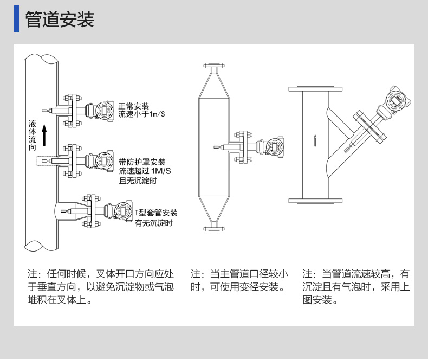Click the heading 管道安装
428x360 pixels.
coord(60,20)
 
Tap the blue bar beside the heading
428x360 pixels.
coord(16,19)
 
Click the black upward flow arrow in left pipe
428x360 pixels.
coord(45,136)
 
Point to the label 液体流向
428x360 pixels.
coord(32,136)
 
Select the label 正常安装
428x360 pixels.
coord(134,106)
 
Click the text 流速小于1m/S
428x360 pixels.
coord(142,114)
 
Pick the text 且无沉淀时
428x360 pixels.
coord(138,181)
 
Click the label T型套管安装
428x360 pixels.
coord(156,213)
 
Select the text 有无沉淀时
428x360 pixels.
coord(153,223)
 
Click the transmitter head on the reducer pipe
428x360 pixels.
coord(274,146)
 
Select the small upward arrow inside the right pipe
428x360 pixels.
coord(315,140)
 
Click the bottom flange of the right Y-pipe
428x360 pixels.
coord(315,200)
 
